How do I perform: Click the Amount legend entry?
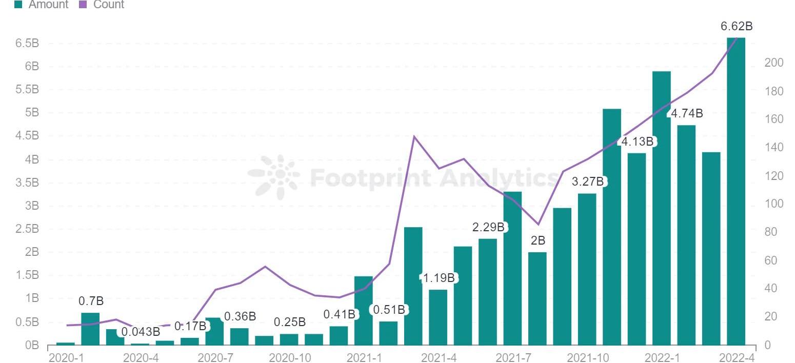(42, 5)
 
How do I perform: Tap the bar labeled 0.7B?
(90, 329)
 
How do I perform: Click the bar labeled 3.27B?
(587, 269)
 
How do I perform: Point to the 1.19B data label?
(439, 278)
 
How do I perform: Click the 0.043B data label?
(141, 332)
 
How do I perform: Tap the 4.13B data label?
(638, 142)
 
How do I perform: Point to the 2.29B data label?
(489, 227)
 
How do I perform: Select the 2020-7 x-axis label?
(214, 357)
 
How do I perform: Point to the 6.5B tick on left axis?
(28, 43)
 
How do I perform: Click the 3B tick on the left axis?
(32, 206)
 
